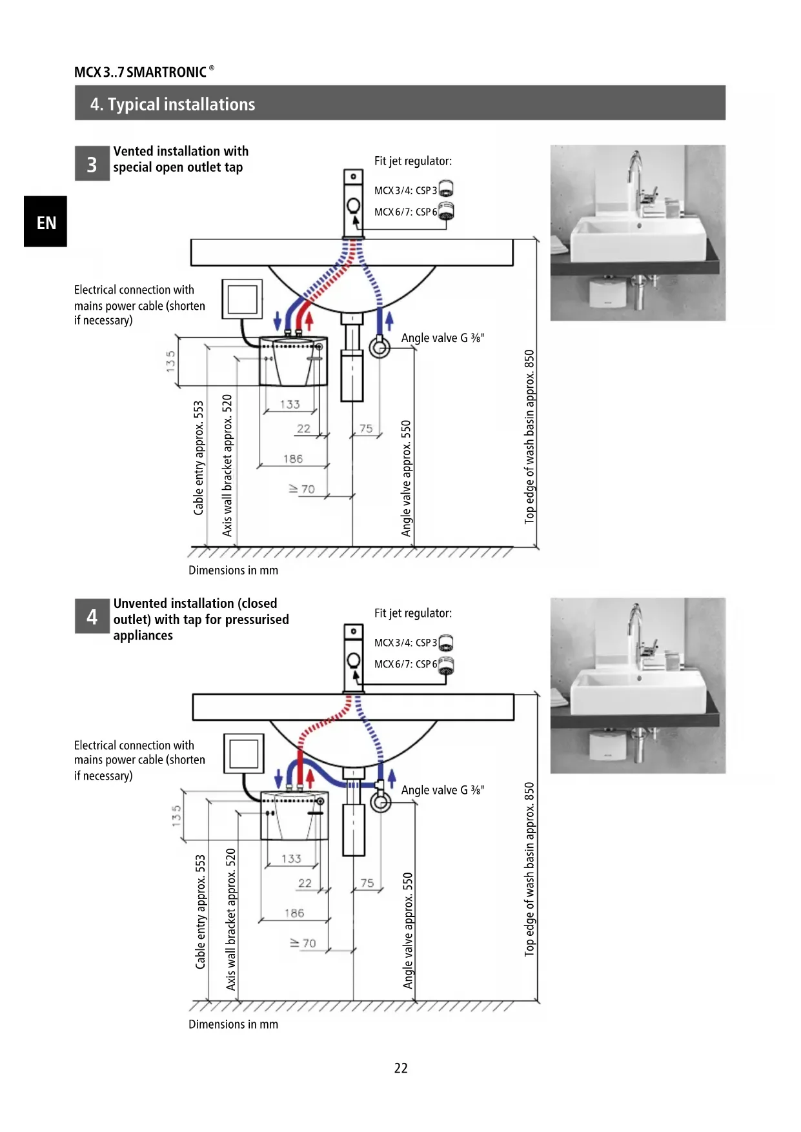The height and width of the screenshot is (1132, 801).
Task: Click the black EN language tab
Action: coord(45,221)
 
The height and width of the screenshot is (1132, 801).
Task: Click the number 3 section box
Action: coord(92,164)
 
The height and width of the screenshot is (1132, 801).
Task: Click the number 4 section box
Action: coord(92,616)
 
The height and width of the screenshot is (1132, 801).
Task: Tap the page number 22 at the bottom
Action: coord(401,1068)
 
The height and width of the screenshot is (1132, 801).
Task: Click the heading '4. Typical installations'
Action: coord(173,104)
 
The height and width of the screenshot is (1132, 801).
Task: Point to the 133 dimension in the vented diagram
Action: coord(290,404)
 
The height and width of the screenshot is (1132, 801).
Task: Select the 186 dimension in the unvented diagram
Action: coord(294,913)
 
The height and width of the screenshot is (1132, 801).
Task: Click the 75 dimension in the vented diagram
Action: coord(366,428)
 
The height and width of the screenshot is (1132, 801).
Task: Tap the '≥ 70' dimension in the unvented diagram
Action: coord(303,943)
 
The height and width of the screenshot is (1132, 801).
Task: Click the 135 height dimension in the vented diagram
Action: coord(170,361)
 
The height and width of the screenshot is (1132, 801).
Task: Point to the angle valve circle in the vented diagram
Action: coord(380,347)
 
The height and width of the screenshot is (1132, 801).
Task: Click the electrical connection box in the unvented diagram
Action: coord(244,753)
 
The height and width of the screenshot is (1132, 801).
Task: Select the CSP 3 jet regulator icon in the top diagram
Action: coord(446,189)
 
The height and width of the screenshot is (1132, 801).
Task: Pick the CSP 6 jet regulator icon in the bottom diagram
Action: coord(446,664)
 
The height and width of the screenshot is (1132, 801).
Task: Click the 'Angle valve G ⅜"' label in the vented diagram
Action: coord(443,338)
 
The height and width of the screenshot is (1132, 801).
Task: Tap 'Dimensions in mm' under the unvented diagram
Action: coord(233,1024)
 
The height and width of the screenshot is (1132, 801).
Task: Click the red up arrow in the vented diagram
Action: coord(309,321)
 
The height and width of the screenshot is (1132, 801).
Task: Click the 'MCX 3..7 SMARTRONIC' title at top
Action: coord(141,72)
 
